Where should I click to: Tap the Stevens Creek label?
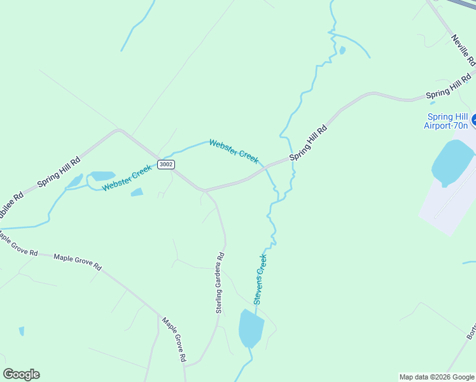(x=261, y=279)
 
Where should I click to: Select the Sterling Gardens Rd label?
(x=220, y=283)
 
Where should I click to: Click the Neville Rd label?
(x=463, y=51)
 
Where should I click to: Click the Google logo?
(x=21, y=374)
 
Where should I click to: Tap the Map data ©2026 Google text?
(x=437, y=377)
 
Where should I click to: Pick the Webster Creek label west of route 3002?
(x=127, y=178)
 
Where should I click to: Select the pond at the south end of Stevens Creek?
(x=251, y=329)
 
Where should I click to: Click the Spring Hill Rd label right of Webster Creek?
(x=308, y=143)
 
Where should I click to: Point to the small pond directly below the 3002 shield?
(x=137, y=192)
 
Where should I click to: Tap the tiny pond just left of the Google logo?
(x=22, y=331)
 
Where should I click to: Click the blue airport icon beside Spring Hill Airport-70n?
(x=474, y=119)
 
